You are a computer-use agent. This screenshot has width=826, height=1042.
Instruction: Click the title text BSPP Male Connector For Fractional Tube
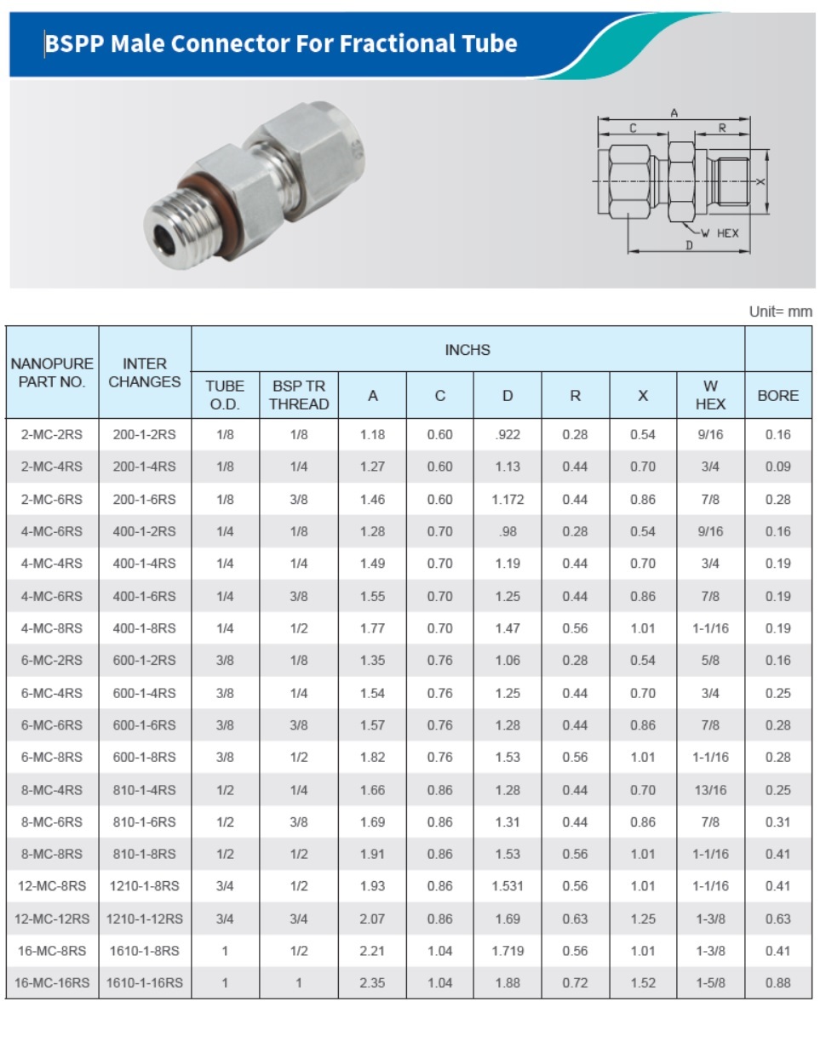(x=281, y=43)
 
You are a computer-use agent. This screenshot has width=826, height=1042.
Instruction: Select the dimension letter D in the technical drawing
(x=689, y=245)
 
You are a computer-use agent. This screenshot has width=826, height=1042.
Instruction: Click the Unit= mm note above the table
(x=781, y=312)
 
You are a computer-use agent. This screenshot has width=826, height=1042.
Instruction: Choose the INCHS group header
(x=467, y=350)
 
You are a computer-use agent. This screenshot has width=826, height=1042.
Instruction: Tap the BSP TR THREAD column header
(x=299, y=395)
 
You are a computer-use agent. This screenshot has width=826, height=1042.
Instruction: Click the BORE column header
(x=778, y=396)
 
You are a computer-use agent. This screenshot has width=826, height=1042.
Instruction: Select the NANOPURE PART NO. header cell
(x=52, y=372)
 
